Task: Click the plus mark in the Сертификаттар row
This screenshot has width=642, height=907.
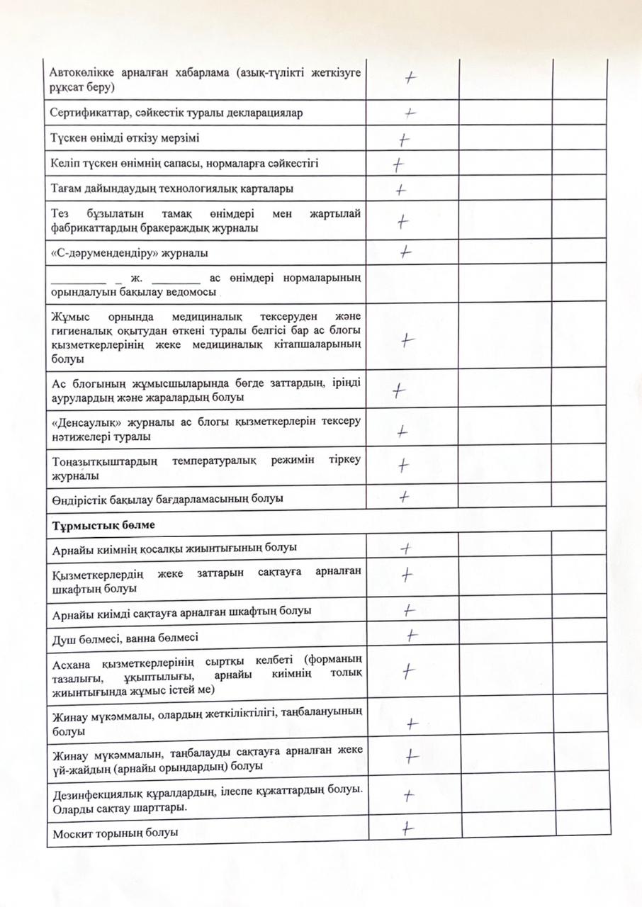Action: pyautogui.click(x=410, y=112)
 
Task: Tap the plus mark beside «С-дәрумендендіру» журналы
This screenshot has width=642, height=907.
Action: pyautogui.click(x=406, y=251)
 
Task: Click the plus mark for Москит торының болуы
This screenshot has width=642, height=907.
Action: pyautogui.click(x=407, y=827)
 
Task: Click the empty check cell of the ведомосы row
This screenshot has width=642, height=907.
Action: pyautogui.click(x=414, y=283)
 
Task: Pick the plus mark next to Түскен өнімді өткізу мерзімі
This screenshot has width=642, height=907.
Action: pyautogui.click(x=405, y=138)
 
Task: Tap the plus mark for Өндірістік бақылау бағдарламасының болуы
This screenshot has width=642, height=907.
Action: pyautogui.click(x=404, y=497)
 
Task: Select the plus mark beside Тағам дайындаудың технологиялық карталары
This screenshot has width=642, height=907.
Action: pyautogui.click(x=401, y=189)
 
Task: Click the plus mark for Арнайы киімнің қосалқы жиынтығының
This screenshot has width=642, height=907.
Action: pyautogui.click(x=406, y=548)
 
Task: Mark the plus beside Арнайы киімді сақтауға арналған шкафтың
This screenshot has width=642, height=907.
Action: pyautogui.click(x=408, y=609)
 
